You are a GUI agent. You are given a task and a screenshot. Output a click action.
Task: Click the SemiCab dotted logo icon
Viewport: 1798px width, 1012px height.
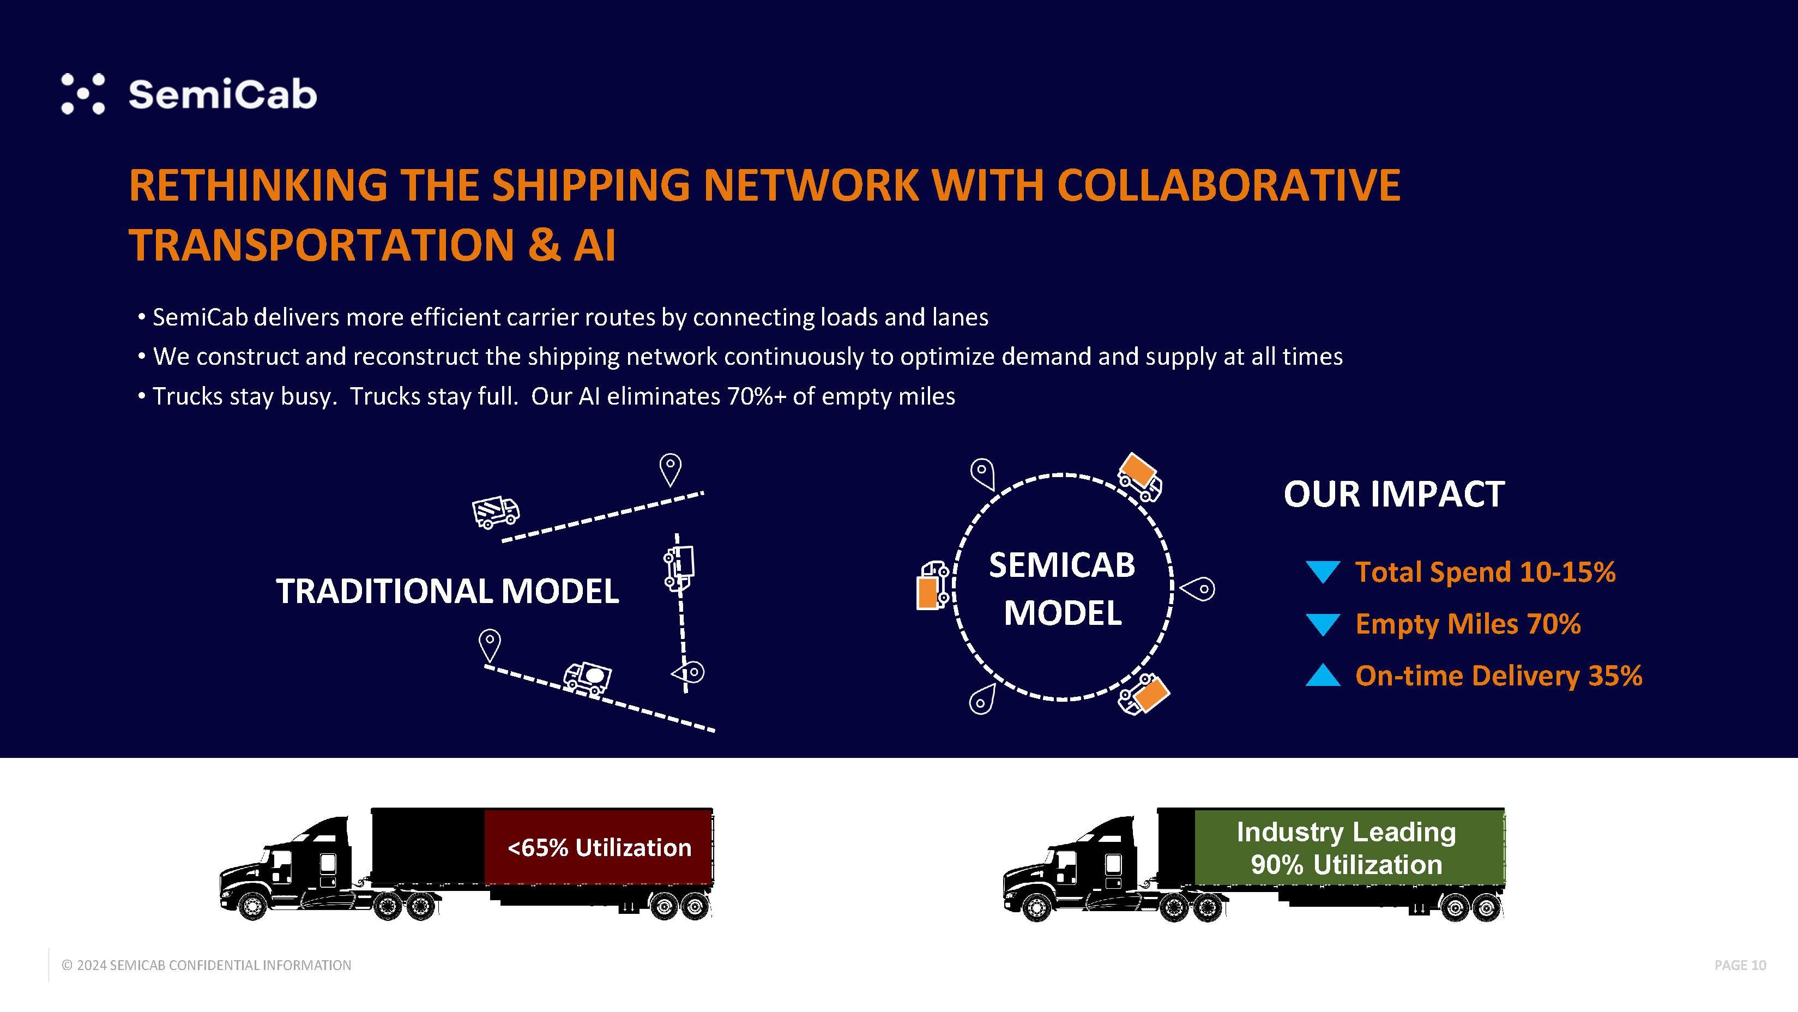83,94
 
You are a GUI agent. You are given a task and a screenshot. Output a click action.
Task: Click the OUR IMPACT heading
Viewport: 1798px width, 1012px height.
1394,494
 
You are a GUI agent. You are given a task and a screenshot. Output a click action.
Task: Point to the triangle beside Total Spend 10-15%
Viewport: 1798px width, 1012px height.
1323,571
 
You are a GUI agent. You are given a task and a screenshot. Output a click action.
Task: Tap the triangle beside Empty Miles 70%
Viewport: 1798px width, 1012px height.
1323,624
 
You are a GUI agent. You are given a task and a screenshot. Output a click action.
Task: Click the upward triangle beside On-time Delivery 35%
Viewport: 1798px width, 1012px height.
1323,676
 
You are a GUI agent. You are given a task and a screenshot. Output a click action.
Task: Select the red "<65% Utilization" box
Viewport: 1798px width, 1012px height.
598,847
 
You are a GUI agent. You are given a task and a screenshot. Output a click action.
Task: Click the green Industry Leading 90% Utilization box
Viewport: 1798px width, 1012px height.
1347,847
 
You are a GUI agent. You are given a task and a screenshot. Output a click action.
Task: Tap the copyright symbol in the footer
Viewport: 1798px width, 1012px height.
67,965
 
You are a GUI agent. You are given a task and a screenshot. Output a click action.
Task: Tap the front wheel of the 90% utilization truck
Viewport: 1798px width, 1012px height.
1036,908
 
